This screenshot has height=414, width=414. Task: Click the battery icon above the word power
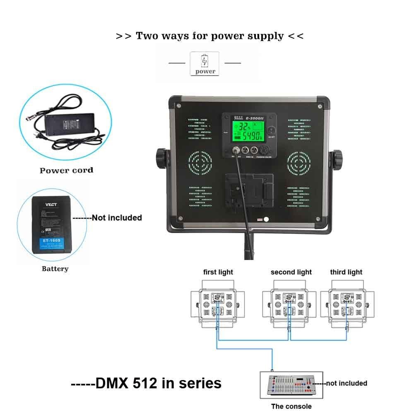point(205,61)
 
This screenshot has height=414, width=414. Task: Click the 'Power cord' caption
point(66,170)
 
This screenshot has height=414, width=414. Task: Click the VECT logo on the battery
point(52,204)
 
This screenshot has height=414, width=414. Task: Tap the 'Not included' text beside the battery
point(116,218)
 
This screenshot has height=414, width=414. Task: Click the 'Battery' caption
point(55,269)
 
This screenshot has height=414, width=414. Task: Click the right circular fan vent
point(299,162)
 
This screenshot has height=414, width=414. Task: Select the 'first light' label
point(218,272)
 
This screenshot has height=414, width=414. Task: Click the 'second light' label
point(291,272)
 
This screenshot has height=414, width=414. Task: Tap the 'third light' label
point(346,272)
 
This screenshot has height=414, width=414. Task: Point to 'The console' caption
point(291,406)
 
